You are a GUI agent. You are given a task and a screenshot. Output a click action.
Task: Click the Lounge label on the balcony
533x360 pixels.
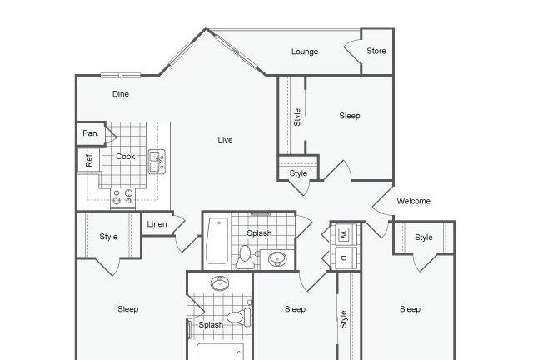(305, 52)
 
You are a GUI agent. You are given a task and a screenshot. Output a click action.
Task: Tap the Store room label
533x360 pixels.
(376, 51)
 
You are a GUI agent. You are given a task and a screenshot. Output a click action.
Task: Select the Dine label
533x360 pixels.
(121, 94)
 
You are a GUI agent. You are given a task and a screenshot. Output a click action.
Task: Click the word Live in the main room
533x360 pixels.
(225, 139)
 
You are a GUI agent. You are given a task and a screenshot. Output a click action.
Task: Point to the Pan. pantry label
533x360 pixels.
(91, 133)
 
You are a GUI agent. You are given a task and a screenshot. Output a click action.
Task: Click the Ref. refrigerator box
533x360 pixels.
(89, 159)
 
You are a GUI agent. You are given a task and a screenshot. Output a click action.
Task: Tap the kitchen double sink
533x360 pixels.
(157, 162)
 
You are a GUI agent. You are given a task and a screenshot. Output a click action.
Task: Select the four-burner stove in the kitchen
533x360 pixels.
(122, 197)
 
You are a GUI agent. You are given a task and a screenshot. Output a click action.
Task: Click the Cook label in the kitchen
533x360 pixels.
(126, 156)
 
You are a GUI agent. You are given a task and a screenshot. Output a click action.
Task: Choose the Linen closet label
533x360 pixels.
(157, 224)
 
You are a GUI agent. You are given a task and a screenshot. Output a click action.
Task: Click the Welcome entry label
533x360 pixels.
(413, 201)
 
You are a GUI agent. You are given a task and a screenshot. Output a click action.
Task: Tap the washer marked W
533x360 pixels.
(344, 234)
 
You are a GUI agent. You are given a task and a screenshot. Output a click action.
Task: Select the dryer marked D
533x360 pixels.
(345, 258)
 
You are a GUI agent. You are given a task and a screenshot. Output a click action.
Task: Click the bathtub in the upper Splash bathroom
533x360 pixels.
(217, 241)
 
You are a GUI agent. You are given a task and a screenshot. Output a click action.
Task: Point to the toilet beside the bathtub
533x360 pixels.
(245, 257)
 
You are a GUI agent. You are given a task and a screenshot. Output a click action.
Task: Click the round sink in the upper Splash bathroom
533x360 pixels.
(277, 259)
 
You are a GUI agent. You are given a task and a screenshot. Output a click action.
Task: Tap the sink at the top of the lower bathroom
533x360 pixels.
(220, 283)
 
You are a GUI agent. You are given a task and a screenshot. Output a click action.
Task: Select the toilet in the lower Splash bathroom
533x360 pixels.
(239, 317)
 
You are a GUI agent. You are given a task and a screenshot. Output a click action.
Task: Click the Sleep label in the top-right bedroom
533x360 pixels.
(350, 116)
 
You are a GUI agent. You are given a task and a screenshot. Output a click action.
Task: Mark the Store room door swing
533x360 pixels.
(352, 52)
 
